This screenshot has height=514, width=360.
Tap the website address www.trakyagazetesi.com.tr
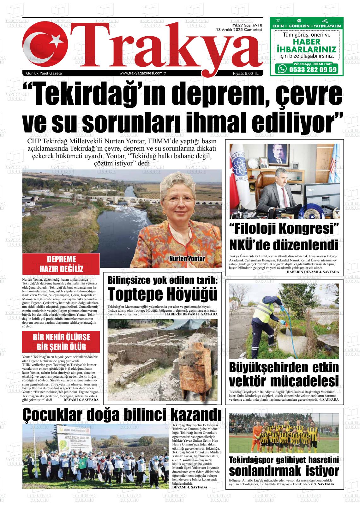tap(143, 73)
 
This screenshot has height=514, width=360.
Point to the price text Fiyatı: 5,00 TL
tap(246, 74)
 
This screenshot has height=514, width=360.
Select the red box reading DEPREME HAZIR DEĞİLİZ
tap(61, 264)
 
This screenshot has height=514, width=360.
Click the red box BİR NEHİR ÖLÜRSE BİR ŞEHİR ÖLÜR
tap(61, 342)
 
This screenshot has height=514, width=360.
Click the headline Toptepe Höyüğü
tap(162, 294)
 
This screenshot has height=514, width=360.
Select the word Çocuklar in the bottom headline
tap(51, 415)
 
